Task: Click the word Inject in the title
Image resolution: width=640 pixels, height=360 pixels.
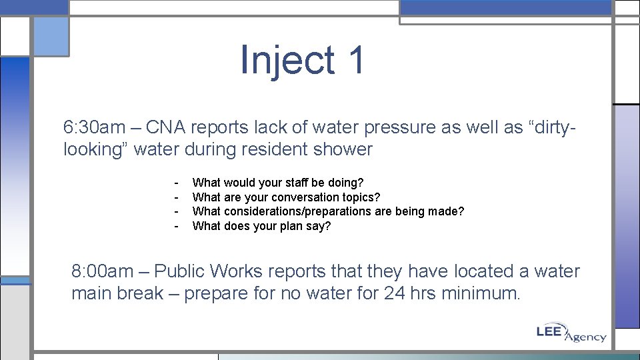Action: tap(287, 60)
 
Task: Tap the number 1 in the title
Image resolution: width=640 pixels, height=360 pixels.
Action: tap(355, 60)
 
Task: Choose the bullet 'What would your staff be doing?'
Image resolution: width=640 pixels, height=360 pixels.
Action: tap(277, 183)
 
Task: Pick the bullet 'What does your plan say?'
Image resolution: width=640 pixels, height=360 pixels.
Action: tap(261, 226)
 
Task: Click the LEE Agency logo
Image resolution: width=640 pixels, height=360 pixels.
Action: tap(571, 333)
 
